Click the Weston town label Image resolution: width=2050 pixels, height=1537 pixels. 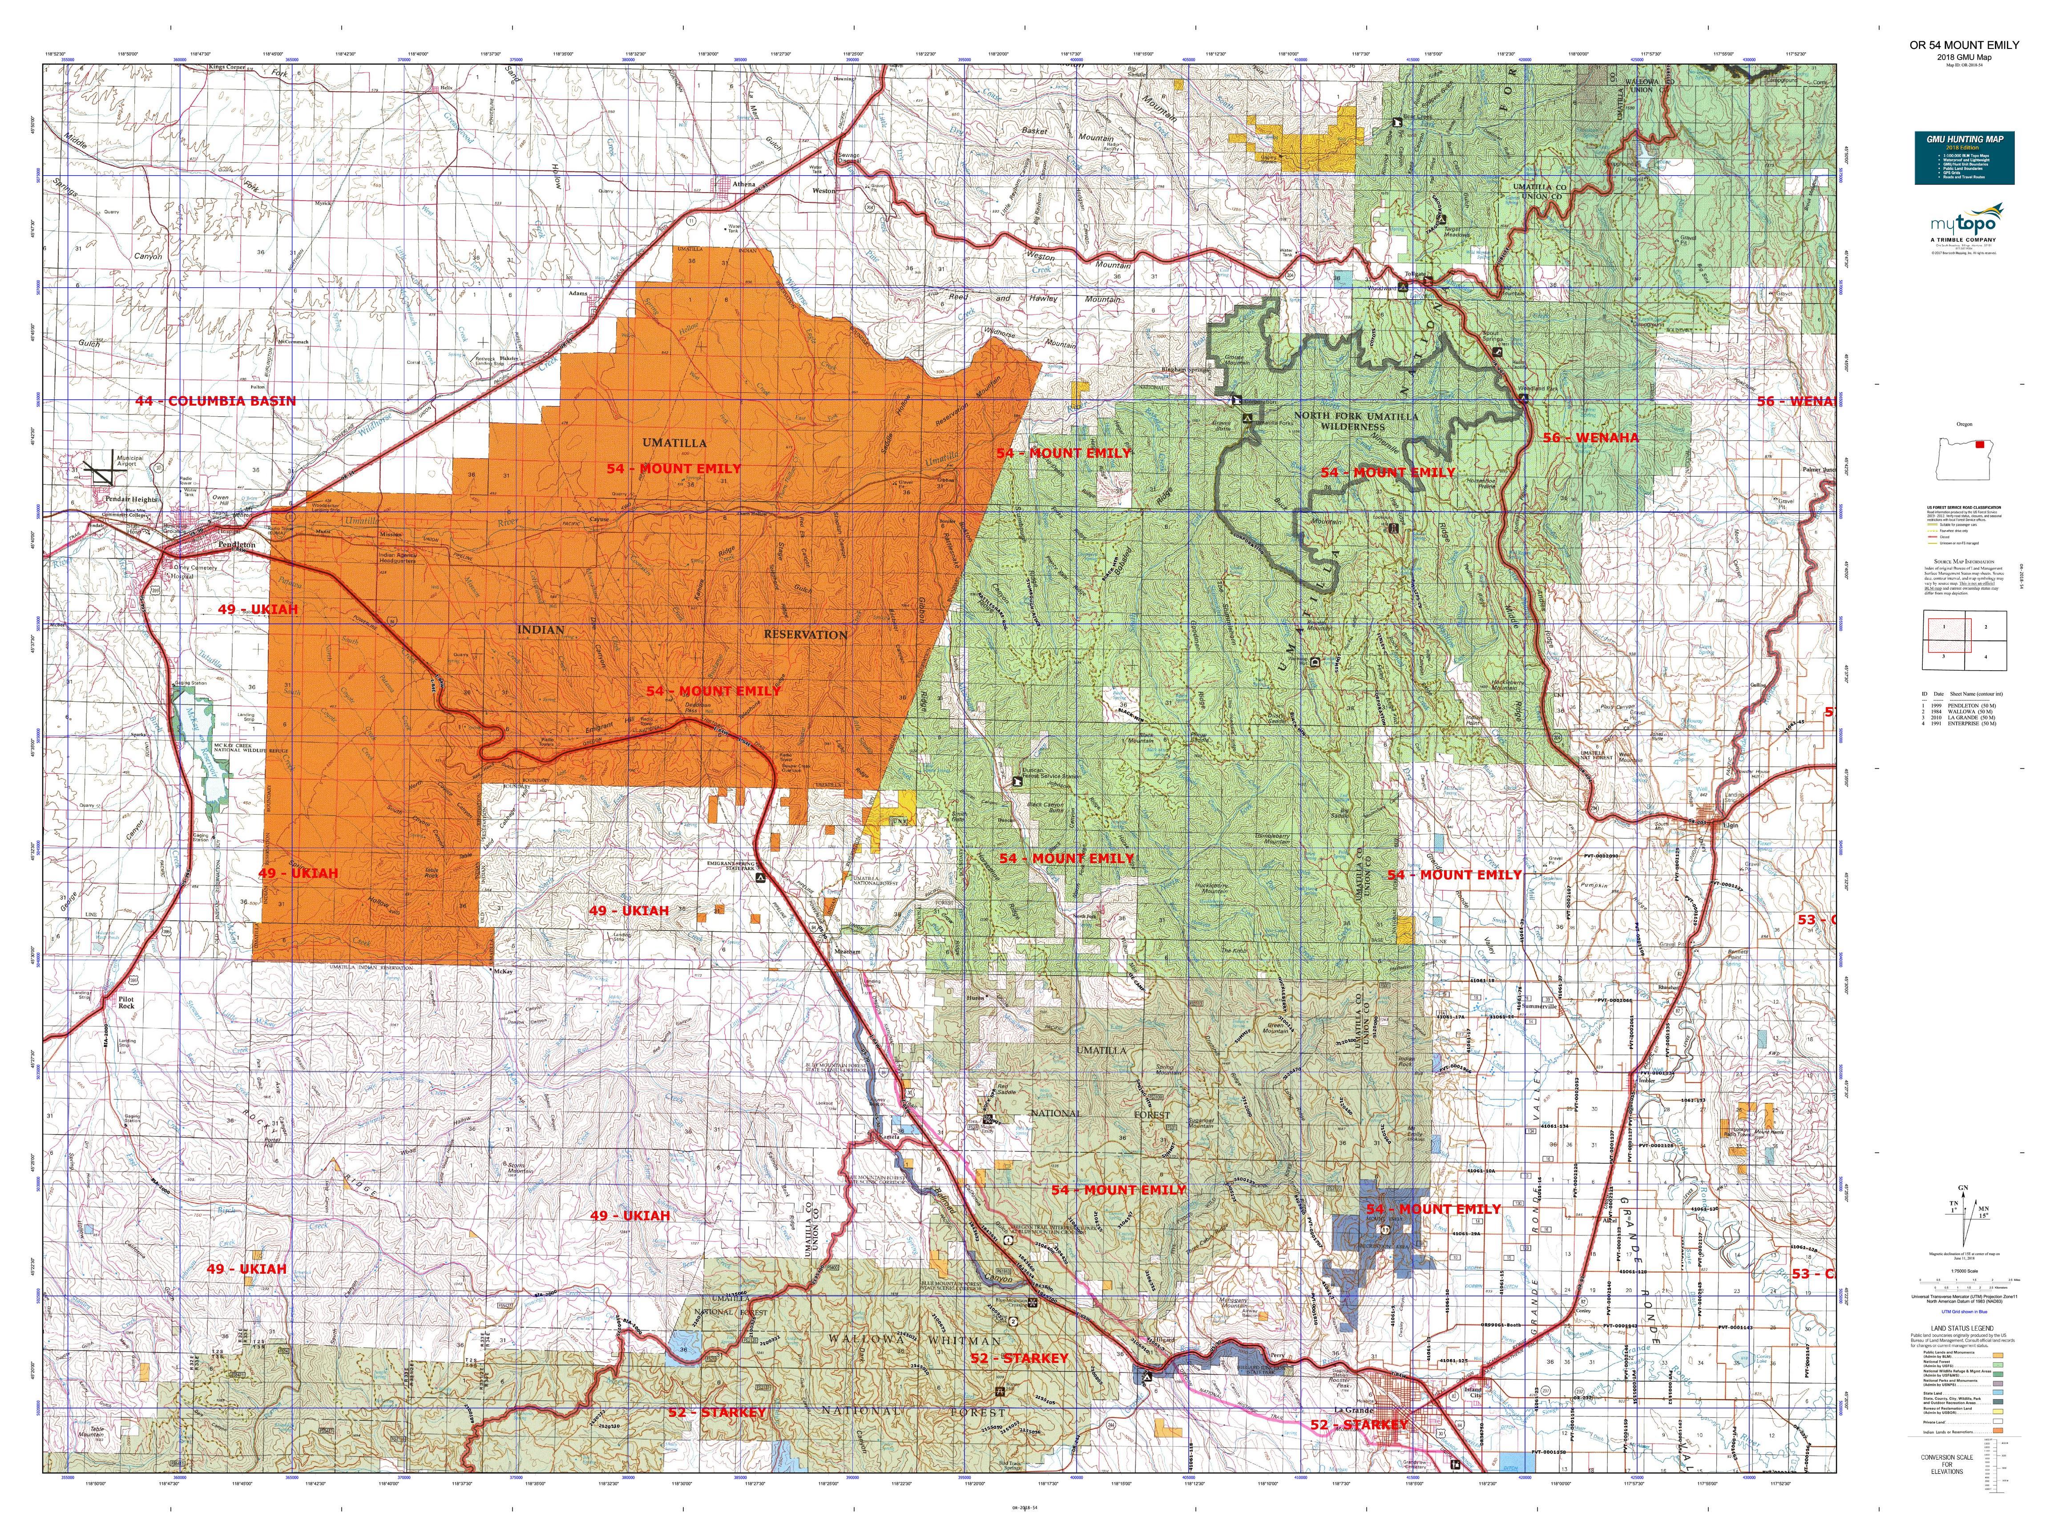(x=824, y=191)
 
